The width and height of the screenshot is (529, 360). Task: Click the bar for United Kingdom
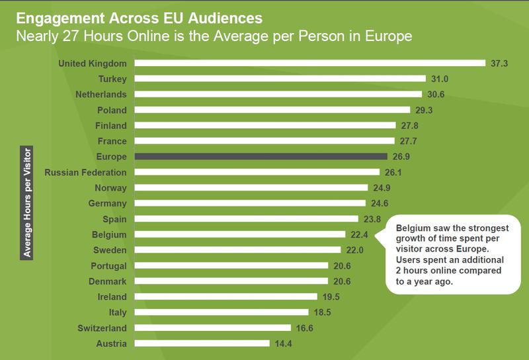pos(310,64)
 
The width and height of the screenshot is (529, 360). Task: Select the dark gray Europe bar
pos(261,157)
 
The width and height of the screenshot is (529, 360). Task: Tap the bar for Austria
pos(202,343)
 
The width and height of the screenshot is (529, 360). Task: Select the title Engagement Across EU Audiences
pos(125,12)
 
